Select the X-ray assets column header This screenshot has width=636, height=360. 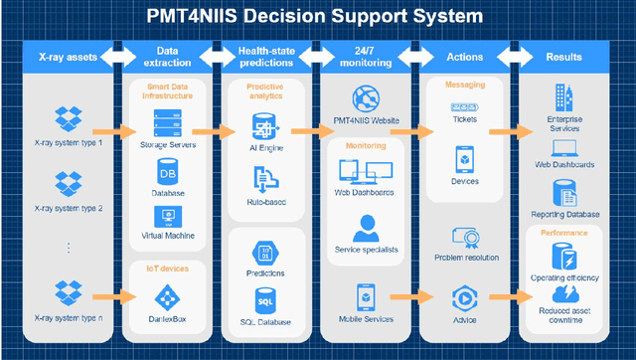pyautogui.click(x=68, y=57)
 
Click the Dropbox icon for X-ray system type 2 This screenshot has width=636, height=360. pyautogui.click(x=68, y=183)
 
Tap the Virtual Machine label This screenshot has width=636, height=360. pyautogui.click(x=167, y=236)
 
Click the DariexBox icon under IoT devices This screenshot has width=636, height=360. pyautogui.click(x=167, y=295)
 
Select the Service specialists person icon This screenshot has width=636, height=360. pyautogui.click(x=366, y=228)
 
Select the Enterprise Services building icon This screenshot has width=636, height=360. pyautogui.click(x=564, y=97)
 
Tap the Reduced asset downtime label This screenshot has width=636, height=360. pyautogui.click(x=564, y=316)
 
